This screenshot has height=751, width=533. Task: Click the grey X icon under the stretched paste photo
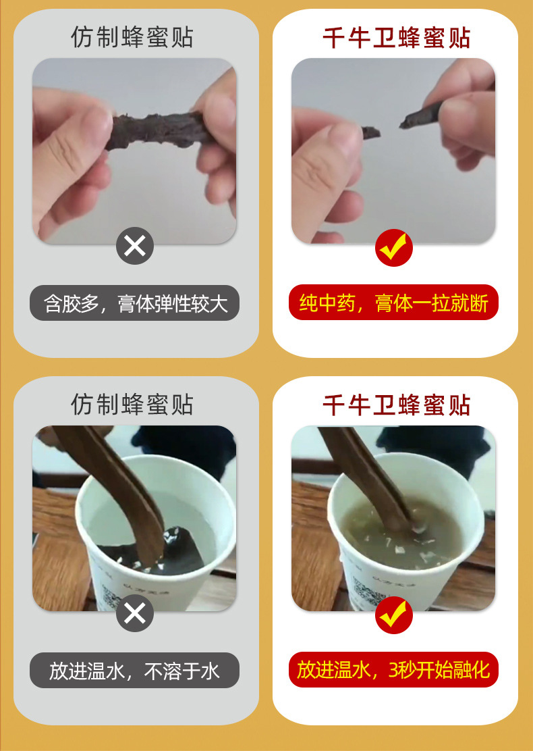click(x=135, y=246)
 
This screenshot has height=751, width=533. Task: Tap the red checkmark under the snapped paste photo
click(x=394, y=248)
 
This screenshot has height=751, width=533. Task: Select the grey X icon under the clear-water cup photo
click(x=135, y=613)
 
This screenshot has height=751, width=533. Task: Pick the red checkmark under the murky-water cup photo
click(x=394, y=615)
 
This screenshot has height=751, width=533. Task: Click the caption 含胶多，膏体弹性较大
click(x=134, y=303)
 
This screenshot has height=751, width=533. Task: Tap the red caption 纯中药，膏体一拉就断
click(x=393, y=303)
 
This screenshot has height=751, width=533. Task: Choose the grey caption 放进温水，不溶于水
click(x=134, y=671)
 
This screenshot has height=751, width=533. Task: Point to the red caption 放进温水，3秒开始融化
click(x=393, y=669)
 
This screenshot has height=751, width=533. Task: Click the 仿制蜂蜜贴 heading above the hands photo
click(x=132, y=37)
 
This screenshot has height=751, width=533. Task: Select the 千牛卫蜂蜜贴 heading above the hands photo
click(x=397, y=38)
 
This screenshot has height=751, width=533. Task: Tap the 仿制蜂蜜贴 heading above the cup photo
click(x=132, y=405)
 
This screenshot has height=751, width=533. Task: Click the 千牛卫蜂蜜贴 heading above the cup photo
click(x=397, y=405)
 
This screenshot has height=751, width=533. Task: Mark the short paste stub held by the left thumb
click(x=370, y=132)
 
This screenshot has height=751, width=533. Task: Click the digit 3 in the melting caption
click(x=393, y=670)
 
